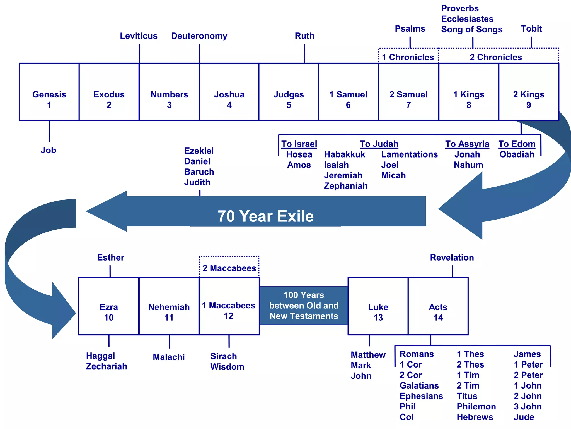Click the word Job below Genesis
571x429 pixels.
[49, 150]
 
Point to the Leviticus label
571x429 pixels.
[139, 36]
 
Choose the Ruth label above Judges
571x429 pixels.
[304, 36]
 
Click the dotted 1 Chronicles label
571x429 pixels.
[408, 57]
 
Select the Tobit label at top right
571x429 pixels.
[531, 29]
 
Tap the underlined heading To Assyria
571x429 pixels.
[467, 144]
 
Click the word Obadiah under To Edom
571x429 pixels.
[517, 154]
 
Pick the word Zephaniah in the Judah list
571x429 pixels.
[345, 186]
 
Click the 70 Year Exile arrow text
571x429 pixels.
[265, 216]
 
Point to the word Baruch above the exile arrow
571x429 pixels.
[199, 172]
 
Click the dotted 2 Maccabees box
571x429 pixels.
[229, 268]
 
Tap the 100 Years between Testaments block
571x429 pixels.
[304, 306]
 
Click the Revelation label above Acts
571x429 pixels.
[452, 258]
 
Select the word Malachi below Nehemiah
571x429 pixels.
[169, 357]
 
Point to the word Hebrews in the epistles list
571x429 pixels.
[475, 417]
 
